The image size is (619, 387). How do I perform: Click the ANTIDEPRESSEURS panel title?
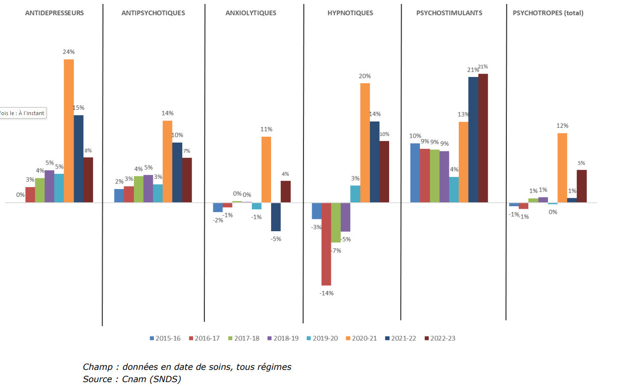(x=54, y=13)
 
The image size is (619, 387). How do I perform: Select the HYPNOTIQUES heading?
(x=350, y=13)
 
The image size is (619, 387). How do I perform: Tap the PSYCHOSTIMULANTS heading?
(x=449, y=13)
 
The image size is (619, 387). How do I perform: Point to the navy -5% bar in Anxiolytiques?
(x=276, y=217)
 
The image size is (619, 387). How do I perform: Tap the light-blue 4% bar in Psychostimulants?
(x=454, y=190)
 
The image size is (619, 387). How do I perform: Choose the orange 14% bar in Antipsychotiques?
(x=168, y=161)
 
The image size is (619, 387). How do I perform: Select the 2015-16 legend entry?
(x=165, y=339)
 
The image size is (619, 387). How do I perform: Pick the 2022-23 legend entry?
(x=440, y=339)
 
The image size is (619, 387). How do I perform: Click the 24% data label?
(x=69, y=52)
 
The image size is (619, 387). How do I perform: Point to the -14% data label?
(x=326, y=293)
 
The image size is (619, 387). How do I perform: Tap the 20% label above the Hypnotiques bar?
(x=365, y=76)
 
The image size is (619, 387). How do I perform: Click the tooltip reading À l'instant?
(x=23, y=113)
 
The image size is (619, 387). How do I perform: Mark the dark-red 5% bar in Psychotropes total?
(x=581, y=186)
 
